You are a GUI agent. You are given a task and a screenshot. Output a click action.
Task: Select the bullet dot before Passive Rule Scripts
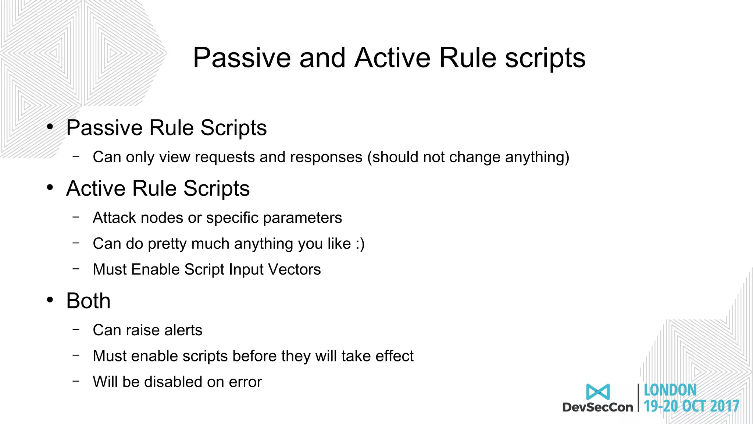pos(50,127)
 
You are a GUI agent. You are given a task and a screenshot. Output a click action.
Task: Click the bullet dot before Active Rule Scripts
pos(50,188)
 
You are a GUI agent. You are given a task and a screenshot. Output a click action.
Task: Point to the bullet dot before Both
pos(50,300)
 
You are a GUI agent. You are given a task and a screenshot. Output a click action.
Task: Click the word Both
pos(88,301)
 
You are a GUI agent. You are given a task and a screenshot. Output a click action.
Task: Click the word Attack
pos(114,218)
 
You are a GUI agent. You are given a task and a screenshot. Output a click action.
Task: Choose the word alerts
pos(183,330)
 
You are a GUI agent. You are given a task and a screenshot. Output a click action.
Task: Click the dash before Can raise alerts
pos(76,329)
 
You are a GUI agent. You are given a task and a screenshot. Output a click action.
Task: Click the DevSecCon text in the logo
pos(598,407)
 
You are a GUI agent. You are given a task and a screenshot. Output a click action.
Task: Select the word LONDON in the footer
pos(670,390)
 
